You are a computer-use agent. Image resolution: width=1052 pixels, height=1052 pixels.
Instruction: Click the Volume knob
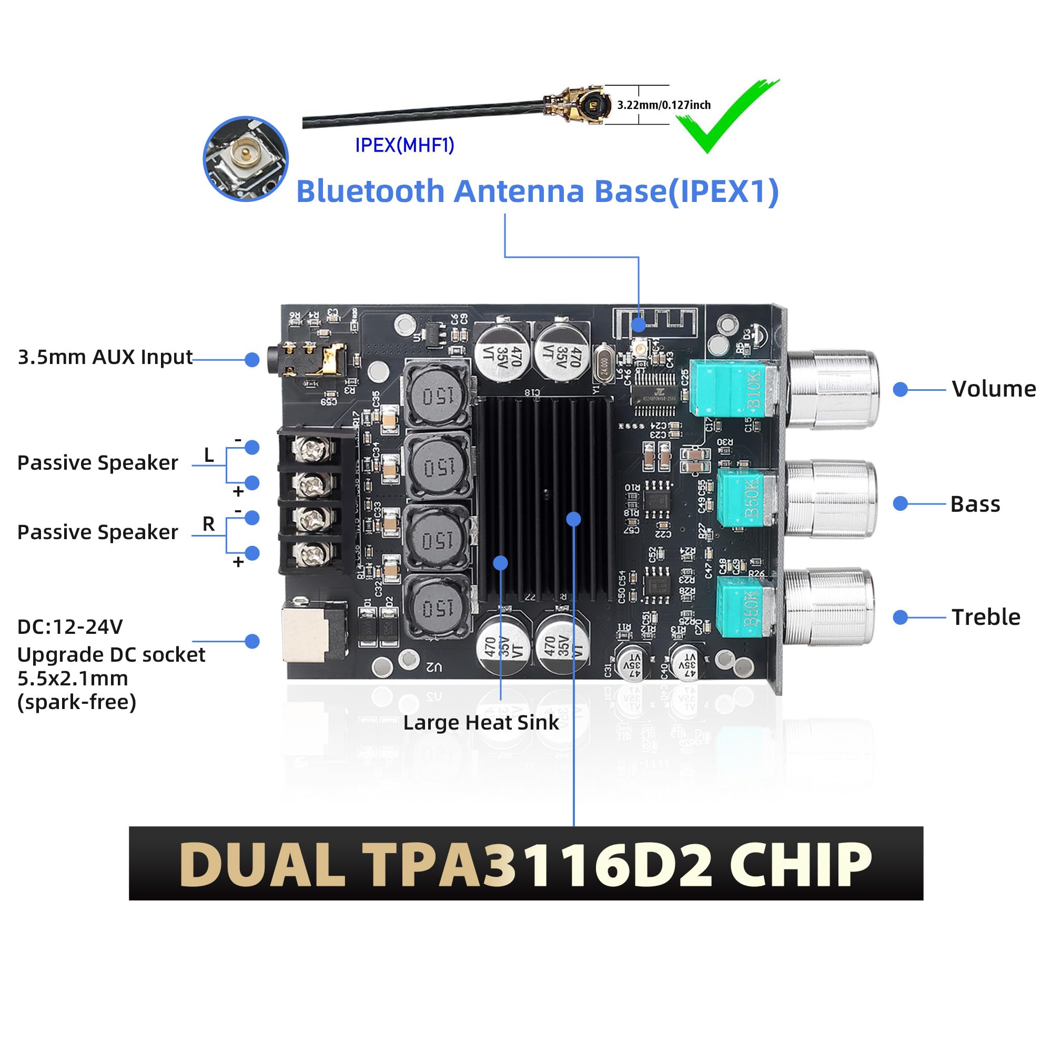(833, 389)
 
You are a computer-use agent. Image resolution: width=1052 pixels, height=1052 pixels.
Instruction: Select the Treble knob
(829, 608)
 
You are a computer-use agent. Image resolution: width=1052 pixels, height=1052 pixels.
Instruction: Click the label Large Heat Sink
(481, 723)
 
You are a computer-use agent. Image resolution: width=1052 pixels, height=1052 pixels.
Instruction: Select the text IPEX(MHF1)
(404, 145)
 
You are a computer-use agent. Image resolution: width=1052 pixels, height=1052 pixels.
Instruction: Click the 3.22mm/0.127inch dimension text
(664, 105)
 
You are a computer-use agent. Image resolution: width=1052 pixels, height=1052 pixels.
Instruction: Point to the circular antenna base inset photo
(246, 158)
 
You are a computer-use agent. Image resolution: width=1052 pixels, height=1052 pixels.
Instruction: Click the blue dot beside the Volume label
(901, 389)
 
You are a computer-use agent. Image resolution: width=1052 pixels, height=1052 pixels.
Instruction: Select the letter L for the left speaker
(208, 454)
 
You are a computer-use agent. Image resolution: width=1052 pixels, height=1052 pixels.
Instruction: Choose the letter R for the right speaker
(208, 524)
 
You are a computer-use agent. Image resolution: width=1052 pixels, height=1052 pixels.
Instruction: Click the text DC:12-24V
(70, 627)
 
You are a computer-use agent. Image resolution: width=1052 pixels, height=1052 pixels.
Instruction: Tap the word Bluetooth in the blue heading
(370, 191)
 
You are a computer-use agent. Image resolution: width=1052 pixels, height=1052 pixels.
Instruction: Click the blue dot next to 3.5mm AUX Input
(251, 359)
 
